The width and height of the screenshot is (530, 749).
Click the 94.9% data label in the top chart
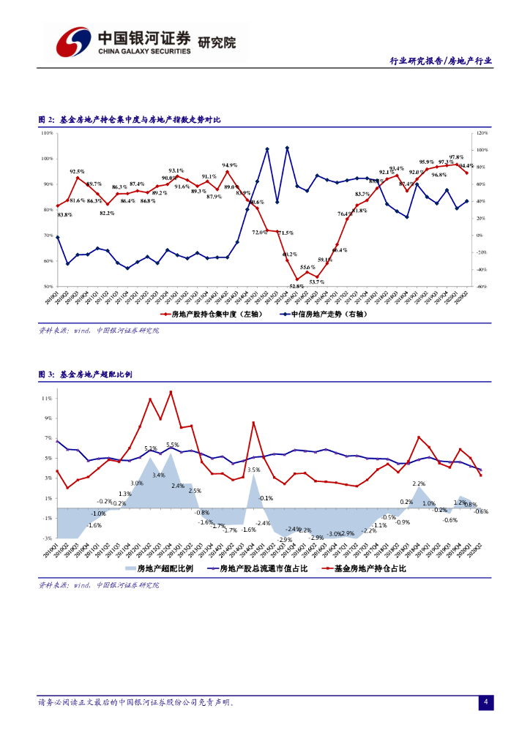pyautogui.click(x=230, y=165)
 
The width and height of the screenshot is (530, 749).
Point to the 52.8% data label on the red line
pyautogui.click(x=296, y=286)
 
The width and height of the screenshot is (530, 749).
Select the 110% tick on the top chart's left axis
pyautogui.click(x=46, y=133)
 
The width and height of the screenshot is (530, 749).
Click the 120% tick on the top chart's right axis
pyautogui.click(x=482, y=133)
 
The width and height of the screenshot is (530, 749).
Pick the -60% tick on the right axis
pyautogui.click(x=482, y=286)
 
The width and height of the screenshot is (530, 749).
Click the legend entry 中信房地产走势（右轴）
pyautogui.click(x=324, y=314)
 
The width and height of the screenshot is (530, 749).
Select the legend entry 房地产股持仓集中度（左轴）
pyautogui.click(x=204, y=314)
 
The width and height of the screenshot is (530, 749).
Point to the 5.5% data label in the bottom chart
pyautogui.click(x=173, y=445)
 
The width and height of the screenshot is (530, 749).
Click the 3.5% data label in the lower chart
pyautogui.click(x=254, y=470)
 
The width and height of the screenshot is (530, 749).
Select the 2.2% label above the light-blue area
pyautogui.click(x=419, y=484)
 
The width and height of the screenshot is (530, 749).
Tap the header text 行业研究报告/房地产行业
pyautogui.click(x=440, y=61)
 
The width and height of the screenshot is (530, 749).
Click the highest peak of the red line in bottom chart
pyautogui.click(x=171, y=391)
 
